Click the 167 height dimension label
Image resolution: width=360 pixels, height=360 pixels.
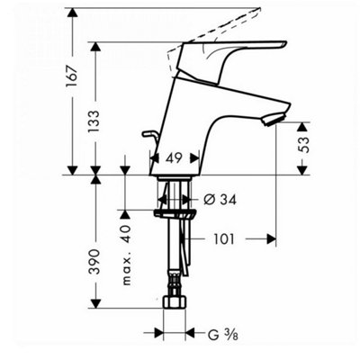coord(72,76)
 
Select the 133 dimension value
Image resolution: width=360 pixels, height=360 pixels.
coord(94,121)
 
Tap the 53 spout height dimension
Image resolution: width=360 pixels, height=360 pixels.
coord(303,145)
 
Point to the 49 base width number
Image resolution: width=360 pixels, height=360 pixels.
coord(175,157)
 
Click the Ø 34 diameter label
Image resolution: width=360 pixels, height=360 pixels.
coord(220,200)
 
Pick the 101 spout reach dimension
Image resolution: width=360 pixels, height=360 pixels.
coord(223,239)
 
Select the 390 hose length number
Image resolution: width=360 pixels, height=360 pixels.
coord(94,261)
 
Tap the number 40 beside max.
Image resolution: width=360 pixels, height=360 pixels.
coord(126,234)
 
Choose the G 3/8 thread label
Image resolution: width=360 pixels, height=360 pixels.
coord(223,335)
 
